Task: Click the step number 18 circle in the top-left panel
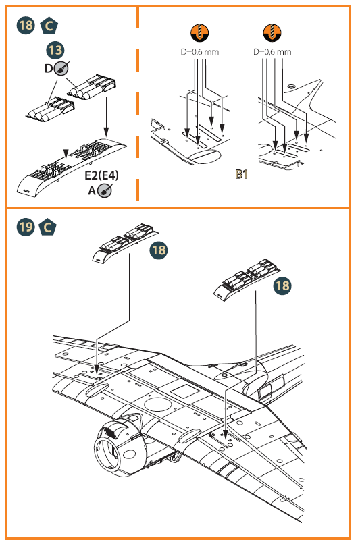coord(26,26)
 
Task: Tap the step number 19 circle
coord(26,227)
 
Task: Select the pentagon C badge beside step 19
coord(47,227)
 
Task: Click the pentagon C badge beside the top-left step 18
coord(49,26)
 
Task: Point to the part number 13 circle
coord(55,50)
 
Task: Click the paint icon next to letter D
coord(61,68)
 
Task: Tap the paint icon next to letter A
coord(105,190)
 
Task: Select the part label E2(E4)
coord(101,175)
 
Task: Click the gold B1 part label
coord(241,174)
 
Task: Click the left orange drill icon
coord(199,32)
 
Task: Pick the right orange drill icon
coord(272,32)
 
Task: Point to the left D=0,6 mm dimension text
coord(200,52)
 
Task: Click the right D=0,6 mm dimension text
coord(272,52)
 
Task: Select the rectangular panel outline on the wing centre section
coord(184,392)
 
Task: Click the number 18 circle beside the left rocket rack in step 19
coord(158,250)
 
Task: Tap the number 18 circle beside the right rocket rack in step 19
coord(282,286)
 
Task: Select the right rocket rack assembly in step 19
coord(248,278)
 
